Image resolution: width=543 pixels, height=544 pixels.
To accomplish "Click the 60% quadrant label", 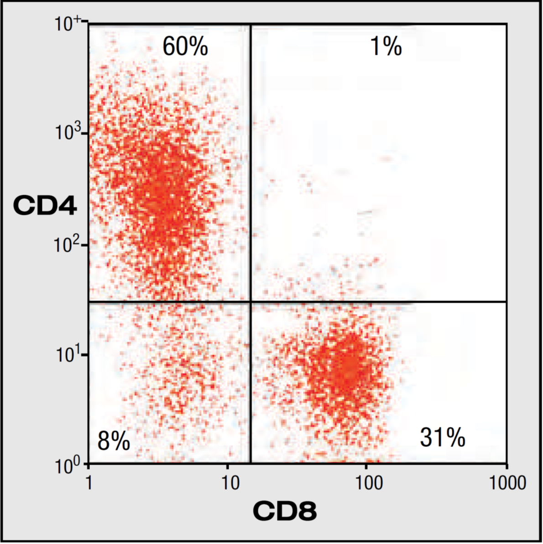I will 185,47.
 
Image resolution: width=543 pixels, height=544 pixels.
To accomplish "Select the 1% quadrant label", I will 386,47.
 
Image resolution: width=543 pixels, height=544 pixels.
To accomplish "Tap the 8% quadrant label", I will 114,441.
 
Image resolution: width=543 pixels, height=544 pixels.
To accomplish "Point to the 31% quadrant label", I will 442,438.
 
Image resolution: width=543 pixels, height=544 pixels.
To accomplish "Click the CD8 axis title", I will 284,511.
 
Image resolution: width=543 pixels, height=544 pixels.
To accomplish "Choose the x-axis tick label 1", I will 89,482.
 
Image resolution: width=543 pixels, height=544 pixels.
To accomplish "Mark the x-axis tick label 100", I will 369,482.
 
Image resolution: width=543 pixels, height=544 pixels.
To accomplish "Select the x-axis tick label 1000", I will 507,482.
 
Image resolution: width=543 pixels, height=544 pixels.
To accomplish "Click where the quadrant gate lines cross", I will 251,301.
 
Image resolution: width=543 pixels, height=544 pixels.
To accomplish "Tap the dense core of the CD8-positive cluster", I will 348,365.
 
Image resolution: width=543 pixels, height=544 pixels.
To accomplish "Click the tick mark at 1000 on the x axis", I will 506,466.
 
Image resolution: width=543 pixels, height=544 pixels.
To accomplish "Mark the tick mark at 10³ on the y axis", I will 86,134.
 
